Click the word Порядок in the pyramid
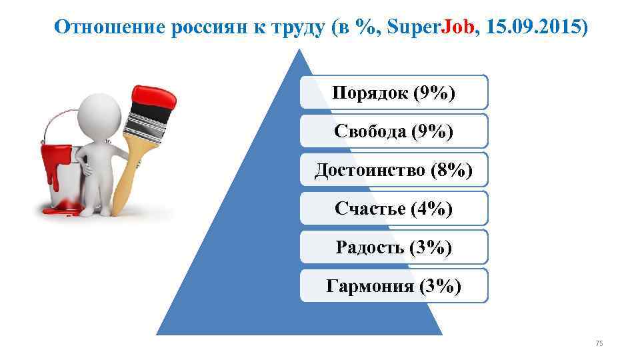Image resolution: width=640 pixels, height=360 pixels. point(369,93)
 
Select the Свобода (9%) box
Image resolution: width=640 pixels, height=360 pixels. point(393,131)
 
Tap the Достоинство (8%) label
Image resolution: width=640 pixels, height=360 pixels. point(393,171)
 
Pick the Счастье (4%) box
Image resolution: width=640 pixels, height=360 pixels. point(393,209)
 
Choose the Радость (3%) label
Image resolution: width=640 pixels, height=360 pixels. point(393,248)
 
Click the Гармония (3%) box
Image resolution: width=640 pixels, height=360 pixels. point(393,287)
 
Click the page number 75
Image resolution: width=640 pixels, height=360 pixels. point(599,343)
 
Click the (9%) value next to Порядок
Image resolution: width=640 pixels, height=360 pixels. point(434,93)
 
